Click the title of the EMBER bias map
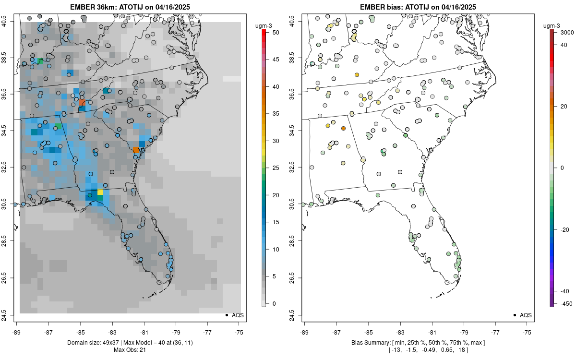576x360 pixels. point(418,7)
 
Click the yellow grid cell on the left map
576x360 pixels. point(100,192)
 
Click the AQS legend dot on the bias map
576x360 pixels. point(515,315)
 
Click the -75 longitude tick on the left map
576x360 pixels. point(240,332)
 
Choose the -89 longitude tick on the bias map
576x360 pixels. point(305,332)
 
